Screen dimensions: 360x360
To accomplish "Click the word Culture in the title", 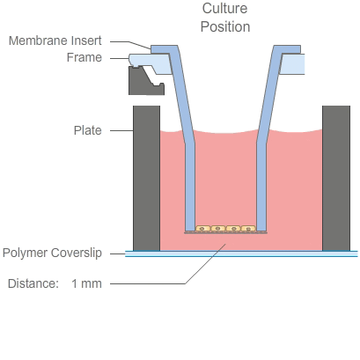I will pyautogui.click(x=225, y=9).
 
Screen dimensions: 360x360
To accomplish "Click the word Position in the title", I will pyautogui.click(x=225, y=26).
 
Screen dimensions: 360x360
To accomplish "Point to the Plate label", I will pyautogui.click(x=87, y=130).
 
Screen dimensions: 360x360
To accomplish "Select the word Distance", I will pyautogui.click(x=32, y=283).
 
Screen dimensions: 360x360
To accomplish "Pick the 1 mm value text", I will pyautogui.click(x=86, y=283).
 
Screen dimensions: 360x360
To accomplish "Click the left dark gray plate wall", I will pyautogui.click(x=146, y=176).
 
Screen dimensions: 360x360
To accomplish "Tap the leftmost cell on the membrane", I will pyautogui.click(x=203, y=229).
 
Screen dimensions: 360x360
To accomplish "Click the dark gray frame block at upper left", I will pyautogui.click(x=143, y=82).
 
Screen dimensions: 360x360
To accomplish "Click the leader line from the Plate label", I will pyautogui.click(x=118, y=130).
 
